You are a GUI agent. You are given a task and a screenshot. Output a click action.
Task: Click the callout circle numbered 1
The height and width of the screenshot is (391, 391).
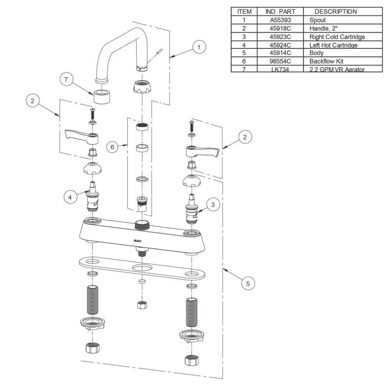tap(198, 47)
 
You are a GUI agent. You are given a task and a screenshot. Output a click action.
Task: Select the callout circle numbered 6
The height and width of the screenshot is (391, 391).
tap(113, 147)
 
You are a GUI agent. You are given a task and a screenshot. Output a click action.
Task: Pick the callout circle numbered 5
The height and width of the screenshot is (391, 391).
tap(248, 282)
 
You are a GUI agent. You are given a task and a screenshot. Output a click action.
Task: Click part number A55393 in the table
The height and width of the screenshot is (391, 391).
tap(281, 21)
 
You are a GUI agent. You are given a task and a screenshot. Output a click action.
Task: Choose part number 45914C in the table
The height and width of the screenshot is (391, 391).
tap(281, 53)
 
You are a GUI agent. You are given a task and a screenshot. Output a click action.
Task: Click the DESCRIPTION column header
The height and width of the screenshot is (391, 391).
tap(335, 11)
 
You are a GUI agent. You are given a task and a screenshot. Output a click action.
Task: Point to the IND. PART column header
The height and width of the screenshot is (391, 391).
tap(281, 11)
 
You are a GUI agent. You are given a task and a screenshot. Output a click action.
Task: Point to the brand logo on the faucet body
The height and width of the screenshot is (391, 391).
tap(138, 240)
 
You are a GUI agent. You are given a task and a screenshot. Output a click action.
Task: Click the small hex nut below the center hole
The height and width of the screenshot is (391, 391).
tap(142, 305)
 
